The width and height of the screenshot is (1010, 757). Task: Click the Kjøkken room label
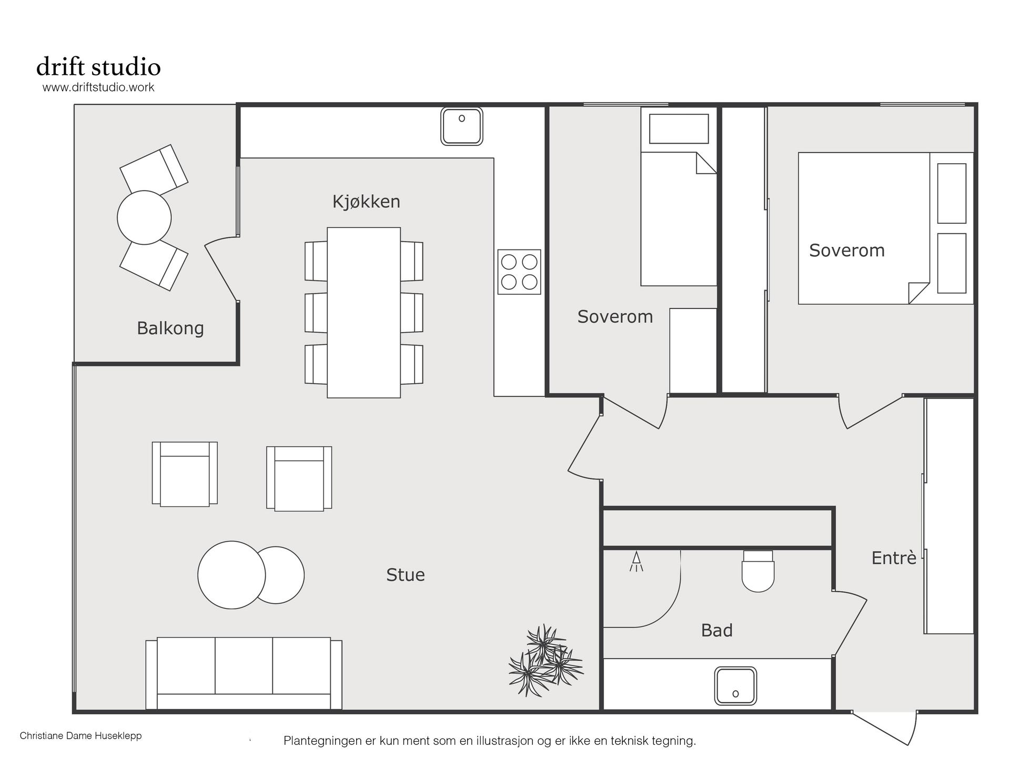click(x=366, y=202)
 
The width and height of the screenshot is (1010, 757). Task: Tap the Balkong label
click(x=170, y=328)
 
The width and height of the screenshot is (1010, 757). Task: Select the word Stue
click(x=405, y=575)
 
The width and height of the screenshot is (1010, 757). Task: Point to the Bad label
click(x=716, y=630)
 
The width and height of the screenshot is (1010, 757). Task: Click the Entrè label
click(x=894, y=557)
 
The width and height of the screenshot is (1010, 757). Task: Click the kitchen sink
click(x=462, y=126)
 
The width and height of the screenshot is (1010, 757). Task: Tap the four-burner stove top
click(x=519, y=272)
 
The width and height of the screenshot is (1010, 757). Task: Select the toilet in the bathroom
click(x=758, y=571)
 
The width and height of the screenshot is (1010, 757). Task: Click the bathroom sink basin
click(x=735, y=686)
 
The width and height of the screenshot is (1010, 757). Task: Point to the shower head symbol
click(x=637, y=561)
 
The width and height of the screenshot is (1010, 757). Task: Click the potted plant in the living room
click(x=546, y=660)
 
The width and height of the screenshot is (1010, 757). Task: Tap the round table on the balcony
click(x=144, y=217)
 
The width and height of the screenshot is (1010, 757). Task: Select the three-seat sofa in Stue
click(x=244, y=673)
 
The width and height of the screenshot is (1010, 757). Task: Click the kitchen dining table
click(x=363, y=313)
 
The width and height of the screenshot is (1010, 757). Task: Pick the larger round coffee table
click(x=231, y=575)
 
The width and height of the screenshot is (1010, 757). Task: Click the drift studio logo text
click(x=98, y=67)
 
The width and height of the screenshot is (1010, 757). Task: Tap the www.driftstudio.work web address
click(x=98, y=87)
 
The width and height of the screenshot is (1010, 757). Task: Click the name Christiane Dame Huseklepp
click(x=80, y=735)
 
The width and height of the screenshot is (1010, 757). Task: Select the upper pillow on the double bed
click(x=952, y=193)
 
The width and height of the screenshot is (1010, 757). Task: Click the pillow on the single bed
click(x=679, y=129)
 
